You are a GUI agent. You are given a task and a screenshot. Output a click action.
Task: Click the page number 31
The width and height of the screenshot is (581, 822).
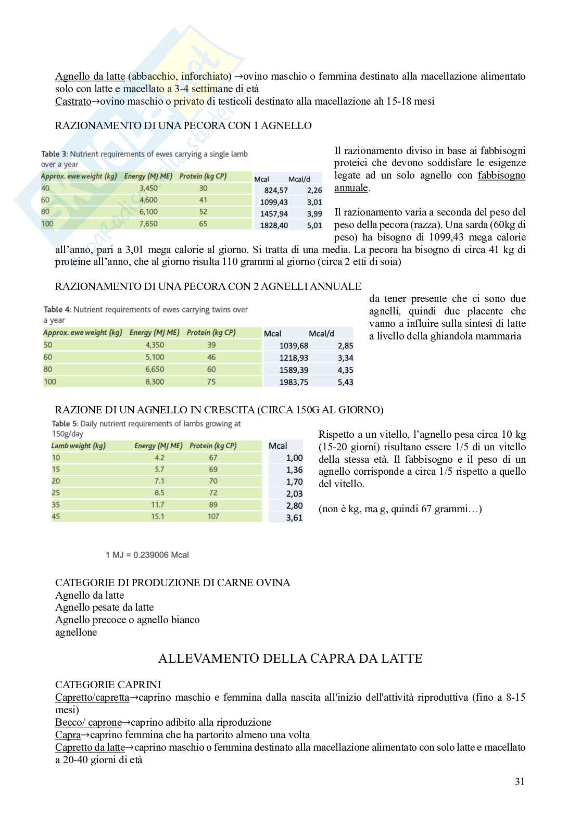pos(519,781)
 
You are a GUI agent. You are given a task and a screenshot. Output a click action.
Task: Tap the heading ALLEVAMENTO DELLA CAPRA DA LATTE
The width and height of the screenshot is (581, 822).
pos(290,659)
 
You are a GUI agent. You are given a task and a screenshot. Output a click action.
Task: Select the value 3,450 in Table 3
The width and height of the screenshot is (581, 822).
pos(148,188)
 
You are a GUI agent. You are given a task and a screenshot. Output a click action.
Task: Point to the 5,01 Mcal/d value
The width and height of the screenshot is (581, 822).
pos(314,226)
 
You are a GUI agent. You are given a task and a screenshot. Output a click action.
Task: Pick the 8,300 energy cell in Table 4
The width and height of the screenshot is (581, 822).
pos(155,382)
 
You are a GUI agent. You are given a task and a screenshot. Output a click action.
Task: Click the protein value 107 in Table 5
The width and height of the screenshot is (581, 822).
pos(213,516)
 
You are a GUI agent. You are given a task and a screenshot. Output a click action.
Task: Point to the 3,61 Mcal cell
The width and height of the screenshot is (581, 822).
pos(294,518)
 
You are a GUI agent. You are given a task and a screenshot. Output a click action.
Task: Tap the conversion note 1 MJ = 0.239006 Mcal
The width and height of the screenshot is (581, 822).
pos(147,555)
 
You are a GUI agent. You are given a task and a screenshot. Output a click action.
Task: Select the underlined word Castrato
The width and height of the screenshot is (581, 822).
pos(73,101)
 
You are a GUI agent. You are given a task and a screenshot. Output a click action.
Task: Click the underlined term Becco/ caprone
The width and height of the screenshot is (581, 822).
pos(88,723)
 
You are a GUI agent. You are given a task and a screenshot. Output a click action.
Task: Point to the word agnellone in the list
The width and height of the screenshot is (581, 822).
pos(76,633)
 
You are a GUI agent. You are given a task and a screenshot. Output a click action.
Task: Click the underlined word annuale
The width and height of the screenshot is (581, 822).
pos(351,188)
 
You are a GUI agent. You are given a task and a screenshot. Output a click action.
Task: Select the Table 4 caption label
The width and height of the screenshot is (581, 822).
pos(57,310)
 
